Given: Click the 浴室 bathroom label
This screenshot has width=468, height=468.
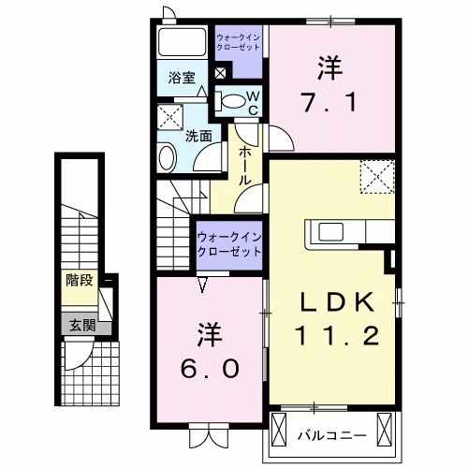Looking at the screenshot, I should tap(183, 79).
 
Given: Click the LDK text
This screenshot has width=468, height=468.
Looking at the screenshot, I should tap(338, 301).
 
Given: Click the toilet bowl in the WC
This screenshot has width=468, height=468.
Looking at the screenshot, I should tap(230, 100).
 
